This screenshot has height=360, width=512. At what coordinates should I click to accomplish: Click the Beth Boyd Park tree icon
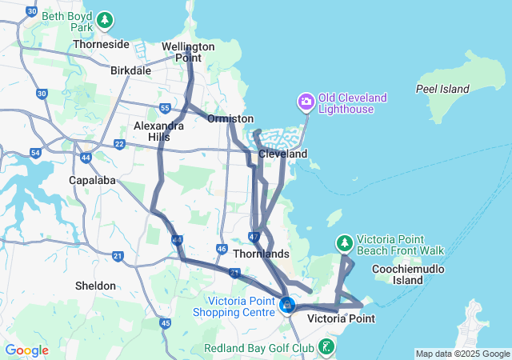pyautogui.click(x=106, y=19)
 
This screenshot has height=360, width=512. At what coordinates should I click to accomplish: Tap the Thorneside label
pyautogui.click(x=101, y=45)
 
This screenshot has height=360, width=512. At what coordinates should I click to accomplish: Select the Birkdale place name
pyautogui.click(x=131, y=70)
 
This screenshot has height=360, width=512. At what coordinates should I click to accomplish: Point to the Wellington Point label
pyautogui.click(x=188, y=52)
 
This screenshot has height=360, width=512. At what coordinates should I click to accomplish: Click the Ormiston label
pyautogui.click(x=230, y=118)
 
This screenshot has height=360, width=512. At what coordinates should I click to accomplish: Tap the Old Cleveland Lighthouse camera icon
pyautogui.click(x=306, y=102)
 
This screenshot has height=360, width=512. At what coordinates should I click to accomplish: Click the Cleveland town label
pyautogui.click(x=282, y=153)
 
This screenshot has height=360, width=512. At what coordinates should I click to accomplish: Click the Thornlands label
pyautogui.click(x=261, y=254)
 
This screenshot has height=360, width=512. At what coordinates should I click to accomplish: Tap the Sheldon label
pyautogui.click(x=95, y=286)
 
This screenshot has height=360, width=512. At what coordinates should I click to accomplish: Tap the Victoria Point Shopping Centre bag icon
pyautogui.click(x=287, y=305)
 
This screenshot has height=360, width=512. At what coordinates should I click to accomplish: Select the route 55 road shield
pyautogui.click(x=165, y=108)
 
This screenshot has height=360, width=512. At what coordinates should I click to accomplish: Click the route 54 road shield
pyautogui.click(x=35, y=152)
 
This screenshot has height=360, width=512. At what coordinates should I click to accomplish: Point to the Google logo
pyautogui.click(x=26, y=350)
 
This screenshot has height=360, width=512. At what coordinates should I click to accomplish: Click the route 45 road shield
pyautogui.click(x=166, y=323)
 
